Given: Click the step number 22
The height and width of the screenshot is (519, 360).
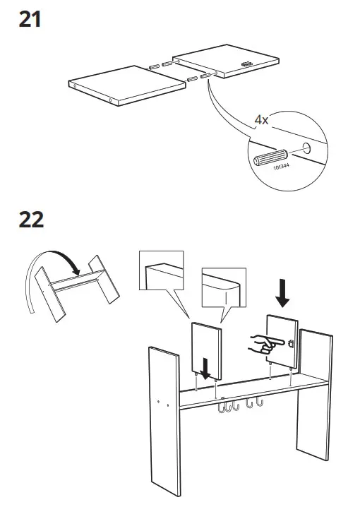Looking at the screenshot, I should click(x=31, y=219).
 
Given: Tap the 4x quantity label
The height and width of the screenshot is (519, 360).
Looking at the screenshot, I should click(x=261, y=120).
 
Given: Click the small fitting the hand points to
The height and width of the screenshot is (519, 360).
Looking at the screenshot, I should click(x=290, y=344).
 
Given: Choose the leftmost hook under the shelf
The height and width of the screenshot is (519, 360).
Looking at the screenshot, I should click(x=222, y=407).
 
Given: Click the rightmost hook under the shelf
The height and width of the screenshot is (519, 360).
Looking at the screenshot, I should click(x=260, y=404).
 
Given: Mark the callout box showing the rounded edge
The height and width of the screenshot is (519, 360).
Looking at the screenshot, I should click(x=224, y=287).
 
